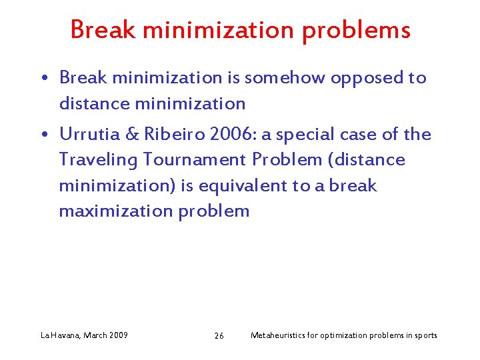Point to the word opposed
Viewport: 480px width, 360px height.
click(x=366, y=79)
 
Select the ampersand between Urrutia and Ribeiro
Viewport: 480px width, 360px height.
click(x=133, y=134)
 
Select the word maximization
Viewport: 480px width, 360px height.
click(x=115, y=211)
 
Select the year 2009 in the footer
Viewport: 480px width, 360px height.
click(x=117, y=335)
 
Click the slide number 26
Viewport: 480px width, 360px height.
click(x=219, y=335)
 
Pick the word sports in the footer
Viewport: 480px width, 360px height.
click(x=425, y=335)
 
